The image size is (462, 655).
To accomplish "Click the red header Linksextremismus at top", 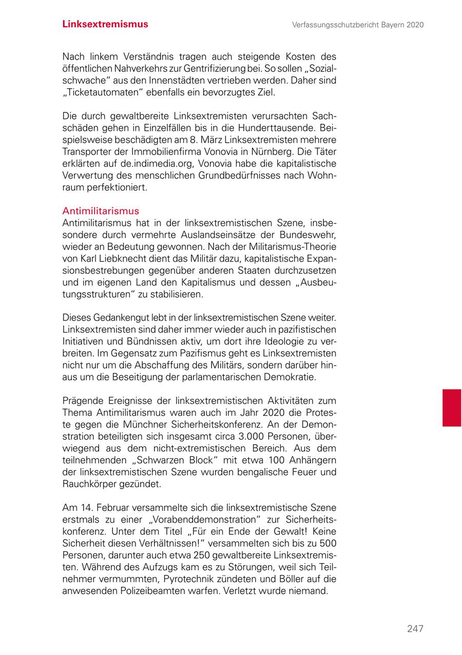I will [105, 24].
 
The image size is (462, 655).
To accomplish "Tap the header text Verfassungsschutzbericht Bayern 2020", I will [358, 25].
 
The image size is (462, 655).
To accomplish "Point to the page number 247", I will [415, 629].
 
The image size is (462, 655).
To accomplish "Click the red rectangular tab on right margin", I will [452, 408].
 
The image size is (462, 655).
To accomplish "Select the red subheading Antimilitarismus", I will [101, 211].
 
